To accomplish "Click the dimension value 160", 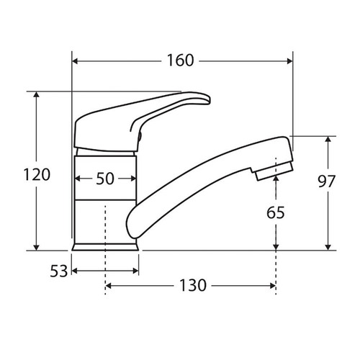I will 180,60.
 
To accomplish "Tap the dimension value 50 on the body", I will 105,180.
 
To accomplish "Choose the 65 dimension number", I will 276,212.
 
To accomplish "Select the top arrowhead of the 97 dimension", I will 329,140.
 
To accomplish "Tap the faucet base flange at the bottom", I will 106,246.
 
